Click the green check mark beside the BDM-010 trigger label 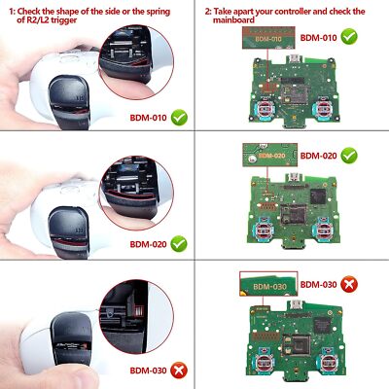tap(179, 118)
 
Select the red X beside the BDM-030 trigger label tap(179, 370)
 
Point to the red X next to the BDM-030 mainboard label tap(349, 284)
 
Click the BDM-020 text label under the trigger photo tap(146, 244)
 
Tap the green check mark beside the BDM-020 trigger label tap(179, 244)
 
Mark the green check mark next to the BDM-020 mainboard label tap(349, 156)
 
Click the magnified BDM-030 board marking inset tap(265, 284)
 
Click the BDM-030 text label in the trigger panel tap(146, 370)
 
